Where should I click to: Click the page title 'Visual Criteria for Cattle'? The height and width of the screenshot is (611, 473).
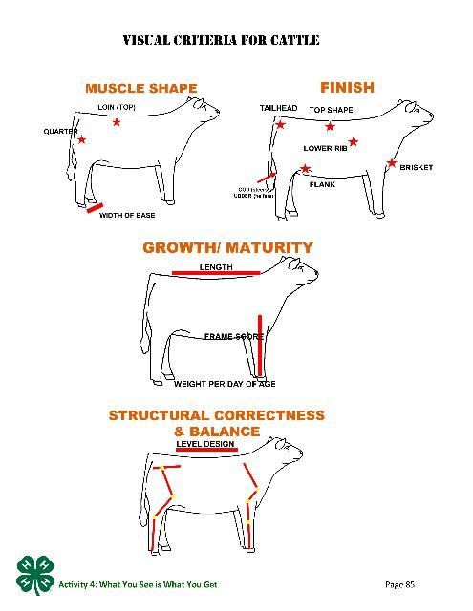click(221, 40)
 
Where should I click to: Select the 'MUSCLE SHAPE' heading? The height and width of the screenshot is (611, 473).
click(140, 89)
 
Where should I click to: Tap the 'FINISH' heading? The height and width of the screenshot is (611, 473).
click(347, 87)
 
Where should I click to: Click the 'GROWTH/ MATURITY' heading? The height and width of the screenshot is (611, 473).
click(227, 247)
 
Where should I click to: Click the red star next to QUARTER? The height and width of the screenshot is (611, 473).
click(81, 140)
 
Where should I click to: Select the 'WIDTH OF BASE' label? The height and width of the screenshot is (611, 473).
click(127, 216)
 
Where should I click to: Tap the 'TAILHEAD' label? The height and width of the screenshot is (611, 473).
click(277, 109)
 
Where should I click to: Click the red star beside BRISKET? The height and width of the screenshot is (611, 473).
click(392, 163)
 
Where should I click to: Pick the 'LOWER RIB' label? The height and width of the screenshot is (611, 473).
click(324, 149)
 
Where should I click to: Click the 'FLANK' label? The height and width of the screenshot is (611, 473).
click(321, 183)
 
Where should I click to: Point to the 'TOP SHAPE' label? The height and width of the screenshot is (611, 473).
click(331, 110)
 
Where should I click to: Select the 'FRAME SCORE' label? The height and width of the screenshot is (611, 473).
click(233, 336)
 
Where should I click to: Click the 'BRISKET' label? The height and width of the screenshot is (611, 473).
click(416, 168)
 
